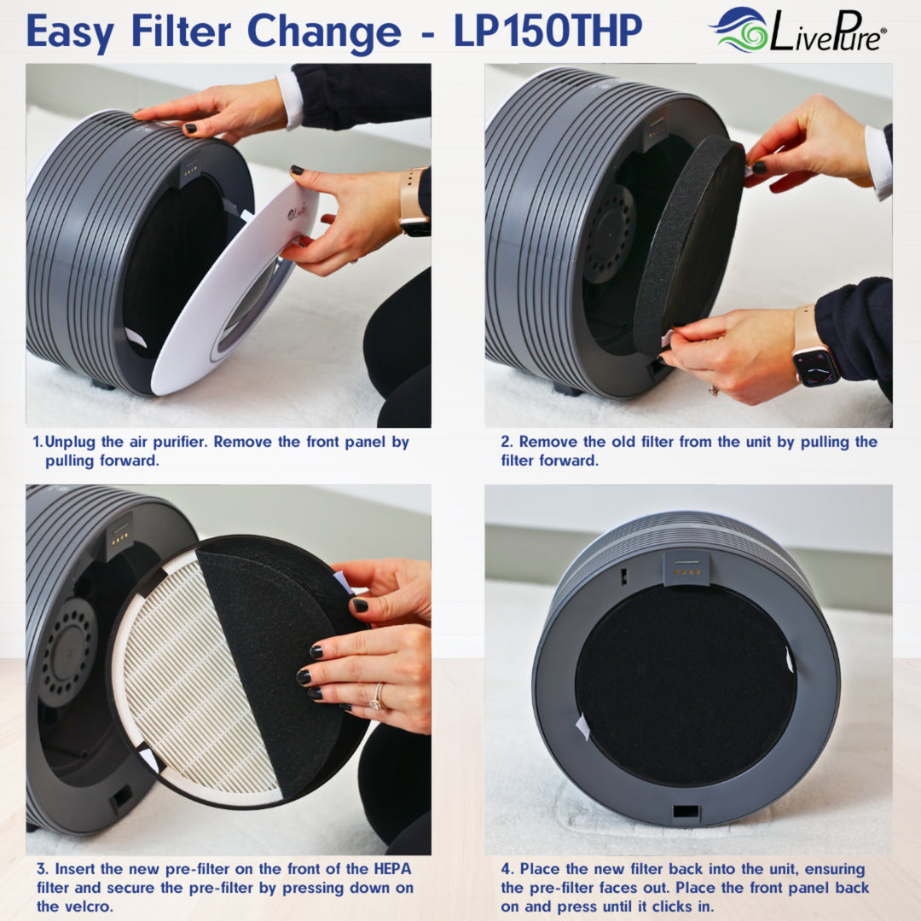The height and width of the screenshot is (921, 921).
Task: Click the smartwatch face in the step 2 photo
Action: pos(817,366)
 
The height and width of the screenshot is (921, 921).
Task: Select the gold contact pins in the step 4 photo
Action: pos(687,571)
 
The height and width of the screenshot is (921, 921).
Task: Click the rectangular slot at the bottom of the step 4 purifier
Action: pos(686,811)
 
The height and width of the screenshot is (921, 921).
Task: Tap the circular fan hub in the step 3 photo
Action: pos(67,652)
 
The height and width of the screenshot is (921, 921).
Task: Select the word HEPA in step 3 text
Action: pos(389,869)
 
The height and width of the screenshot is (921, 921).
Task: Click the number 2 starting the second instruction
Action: pos(506,443)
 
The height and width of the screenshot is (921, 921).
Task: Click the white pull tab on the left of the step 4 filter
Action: pos(583,727)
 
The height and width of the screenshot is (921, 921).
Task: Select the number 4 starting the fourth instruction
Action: pos(507,869)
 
